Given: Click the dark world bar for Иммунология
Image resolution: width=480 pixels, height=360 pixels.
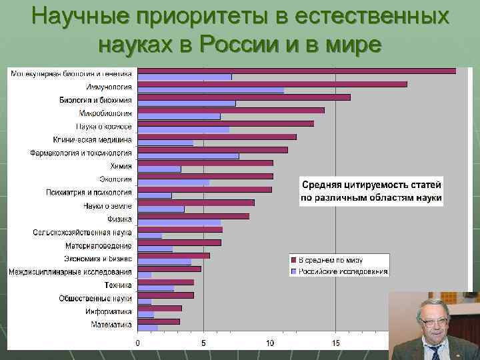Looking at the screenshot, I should [x=272, y=84].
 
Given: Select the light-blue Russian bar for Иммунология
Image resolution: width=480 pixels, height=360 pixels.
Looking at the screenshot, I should [x=211, y=90].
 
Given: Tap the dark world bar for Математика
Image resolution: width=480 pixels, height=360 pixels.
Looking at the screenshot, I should [x=159, y=321].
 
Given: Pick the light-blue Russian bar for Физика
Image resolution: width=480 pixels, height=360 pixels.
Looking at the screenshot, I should [x=179, y=222].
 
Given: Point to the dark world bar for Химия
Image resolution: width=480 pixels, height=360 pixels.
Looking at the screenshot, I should [x=205, y=163].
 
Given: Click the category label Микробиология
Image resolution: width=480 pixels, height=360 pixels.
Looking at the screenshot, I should [x=105, y=113].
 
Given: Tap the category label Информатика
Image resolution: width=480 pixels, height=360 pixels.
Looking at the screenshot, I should [x=108, y=311].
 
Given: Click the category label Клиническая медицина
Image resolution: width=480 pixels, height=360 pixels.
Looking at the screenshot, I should [x=93, y=140].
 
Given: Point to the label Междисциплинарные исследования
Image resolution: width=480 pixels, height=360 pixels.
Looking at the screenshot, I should [x=70, y=271].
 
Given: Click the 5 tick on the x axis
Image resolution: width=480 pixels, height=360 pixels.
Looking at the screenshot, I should [x=204, y=343].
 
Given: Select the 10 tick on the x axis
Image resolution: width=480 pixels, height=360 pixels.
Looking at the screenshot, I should [x=270, y=343].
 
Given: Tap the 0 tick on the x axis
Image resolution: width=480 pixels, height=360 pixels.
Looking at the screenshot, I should [x=138, y=343].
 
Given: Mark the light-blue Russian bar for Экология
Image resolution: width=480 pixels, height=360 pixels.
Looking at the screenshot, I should [x=173, y=183].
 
